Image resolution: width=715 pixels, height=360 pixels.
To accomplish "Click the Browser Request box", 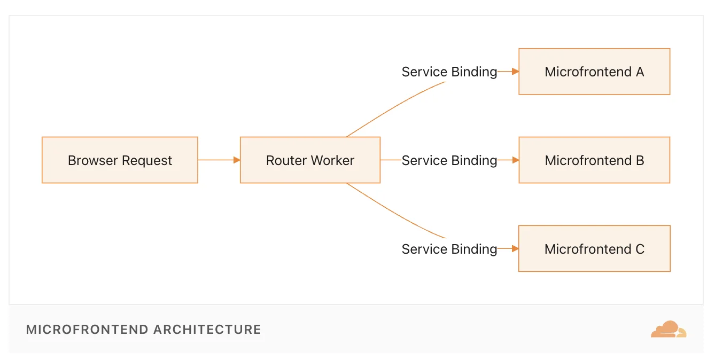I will click(120, 160).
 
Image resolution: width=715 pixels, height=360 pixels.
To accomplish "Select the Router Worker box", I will click(310, 160).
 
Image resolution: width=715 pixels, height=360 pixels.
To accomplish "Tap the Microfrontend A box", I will click(594, 72).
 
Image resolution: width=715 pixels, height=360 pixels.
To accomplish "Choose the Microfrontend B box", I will click(594, 160).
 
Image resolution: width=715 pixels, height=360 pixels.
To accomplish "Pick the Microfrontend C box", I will click(594, 248).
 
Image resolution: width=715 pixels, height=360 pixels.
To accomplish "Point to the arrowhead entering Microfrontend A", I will click(515, 71).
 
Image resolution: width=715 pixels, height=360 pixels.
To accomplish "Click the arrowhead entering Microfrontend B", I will click(515, 160).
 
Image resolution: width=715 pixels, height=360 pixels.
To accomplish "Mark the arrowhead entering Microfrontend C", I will click(515, 248).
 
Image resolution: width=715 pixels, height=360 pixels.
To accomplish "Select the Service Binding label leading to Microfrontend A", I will click(449, 72).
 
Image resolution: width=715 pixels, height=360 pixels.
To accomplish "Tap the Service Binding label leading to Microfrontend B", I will click(449, 160).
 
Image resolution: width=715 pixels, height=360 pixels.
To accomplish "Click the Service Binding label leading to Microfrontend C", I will click(449, 249).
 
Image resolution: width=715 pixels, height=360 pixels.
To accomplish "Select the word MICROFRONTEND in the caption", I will click(87, 330).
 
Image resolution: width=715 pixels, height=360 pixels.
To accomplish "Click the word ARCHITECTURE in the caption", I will click(207, 330).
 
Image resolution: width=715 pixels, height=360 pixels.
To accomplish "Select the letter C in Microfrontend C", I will click(639, 249).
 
